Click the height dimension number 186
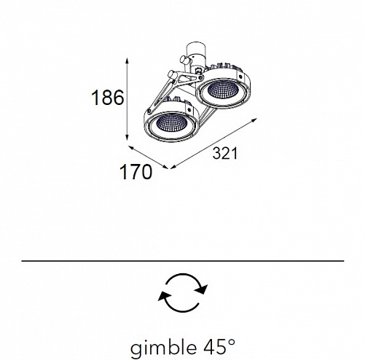click(x=108, y=98)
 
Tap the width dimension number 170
click(x=136, y=172)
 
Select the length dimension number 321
click(x=225, y=154)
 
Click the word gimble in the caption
click(x=163, y=348)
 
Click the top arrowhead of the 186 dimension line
click(x=127, y=61)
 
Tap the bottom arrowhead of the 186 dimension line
click(x=127, y=137)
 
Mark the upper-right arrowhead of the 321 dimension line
click(x=254, y=120)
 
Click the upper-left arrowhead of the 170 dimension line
click(x=131, y=148)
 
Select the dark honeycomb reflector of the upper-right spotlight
click(x=223, y=89)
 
